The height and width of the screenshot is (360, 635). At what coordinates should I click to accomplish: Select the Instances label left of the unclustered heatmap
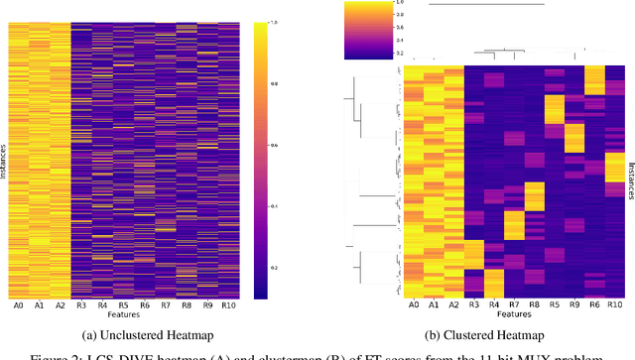pos(5,158)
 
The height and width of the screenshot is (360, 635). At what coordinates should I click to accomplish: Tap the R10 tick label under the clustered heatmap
pos(615,306)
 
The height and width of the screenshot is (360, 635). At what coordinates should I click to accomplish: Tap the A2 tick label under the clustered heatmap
pos(452,306)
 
